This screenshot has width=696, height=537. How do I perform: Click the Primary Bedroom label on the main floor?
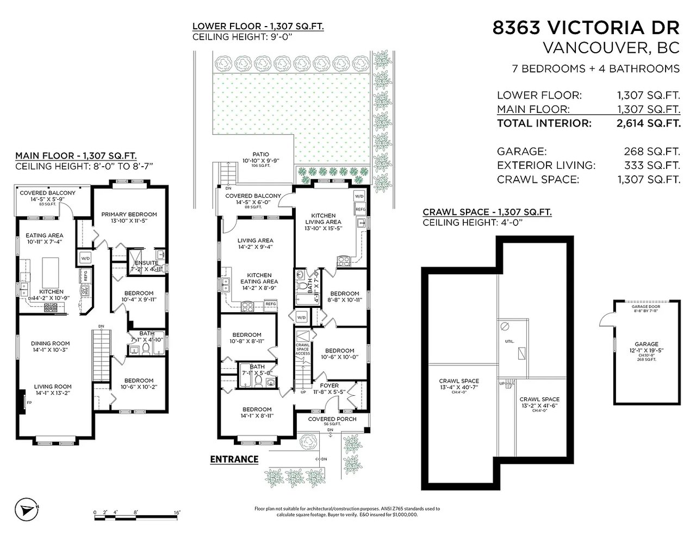(129, 214)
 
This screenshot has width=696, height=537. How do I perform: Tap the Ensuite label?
(147, 263)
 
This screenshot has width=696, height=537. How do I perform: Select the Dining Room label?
(50, 344)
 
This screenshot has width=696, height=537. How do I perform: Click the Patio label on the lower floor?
(261, 155)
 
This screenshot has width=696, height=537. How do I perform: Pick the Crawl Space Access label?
(303, 349)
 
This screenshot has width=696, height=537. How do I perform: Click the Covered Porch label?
(332, 419)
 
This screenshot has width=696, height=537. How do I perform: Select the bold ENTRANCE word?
(234, 459)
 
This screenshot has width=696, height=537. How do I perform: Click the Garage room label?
(646, 344)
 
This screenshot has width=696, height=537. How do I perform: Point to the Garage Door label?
(646, 307)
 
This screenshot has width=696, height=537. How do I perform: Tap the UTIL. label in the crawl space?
(509, 342)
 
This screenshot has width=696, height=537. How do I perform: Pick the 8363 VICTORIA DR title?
(586, 28)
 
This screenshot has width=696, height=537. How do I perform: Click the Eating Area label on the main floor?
(45, 236)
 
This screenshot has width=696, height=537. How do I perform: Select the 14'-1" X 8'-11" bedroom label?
(257, 416)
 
